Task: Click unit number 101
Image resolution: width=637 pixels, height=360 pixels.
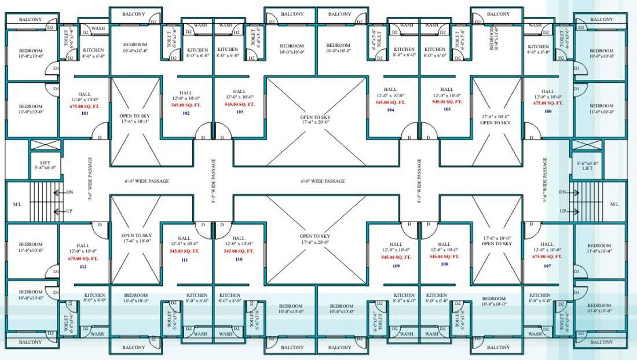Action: point(84,113)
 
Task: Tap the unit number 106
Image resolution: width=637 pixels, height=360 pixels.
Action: point(548,111)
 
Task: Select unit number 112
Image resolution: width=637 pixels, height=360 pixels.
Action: point(83,267)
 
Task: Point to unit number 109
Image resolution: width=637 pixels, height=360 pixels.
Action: point(396,266)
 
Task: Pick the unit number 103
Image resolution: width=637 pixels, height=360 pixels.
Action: point(239,112)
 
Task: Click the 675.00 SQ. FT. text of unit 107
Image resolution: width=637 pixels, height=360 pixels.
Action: point(547,256)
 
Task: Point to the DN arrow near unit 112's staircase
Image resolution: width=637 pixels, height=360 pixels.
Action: point(60,192)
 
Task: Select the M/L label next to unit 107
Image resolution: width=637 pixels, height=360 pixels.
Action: point(614,204)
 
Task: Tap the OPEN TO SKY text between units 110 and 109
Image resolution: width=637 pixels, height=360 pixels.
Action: point(315,236)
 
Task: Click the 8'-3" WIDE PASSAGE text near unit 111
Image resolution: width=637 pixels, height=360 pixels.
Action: point(214,181)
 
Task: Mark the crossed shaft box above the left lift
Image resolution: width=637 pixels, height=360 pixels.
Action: point(45,145)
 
